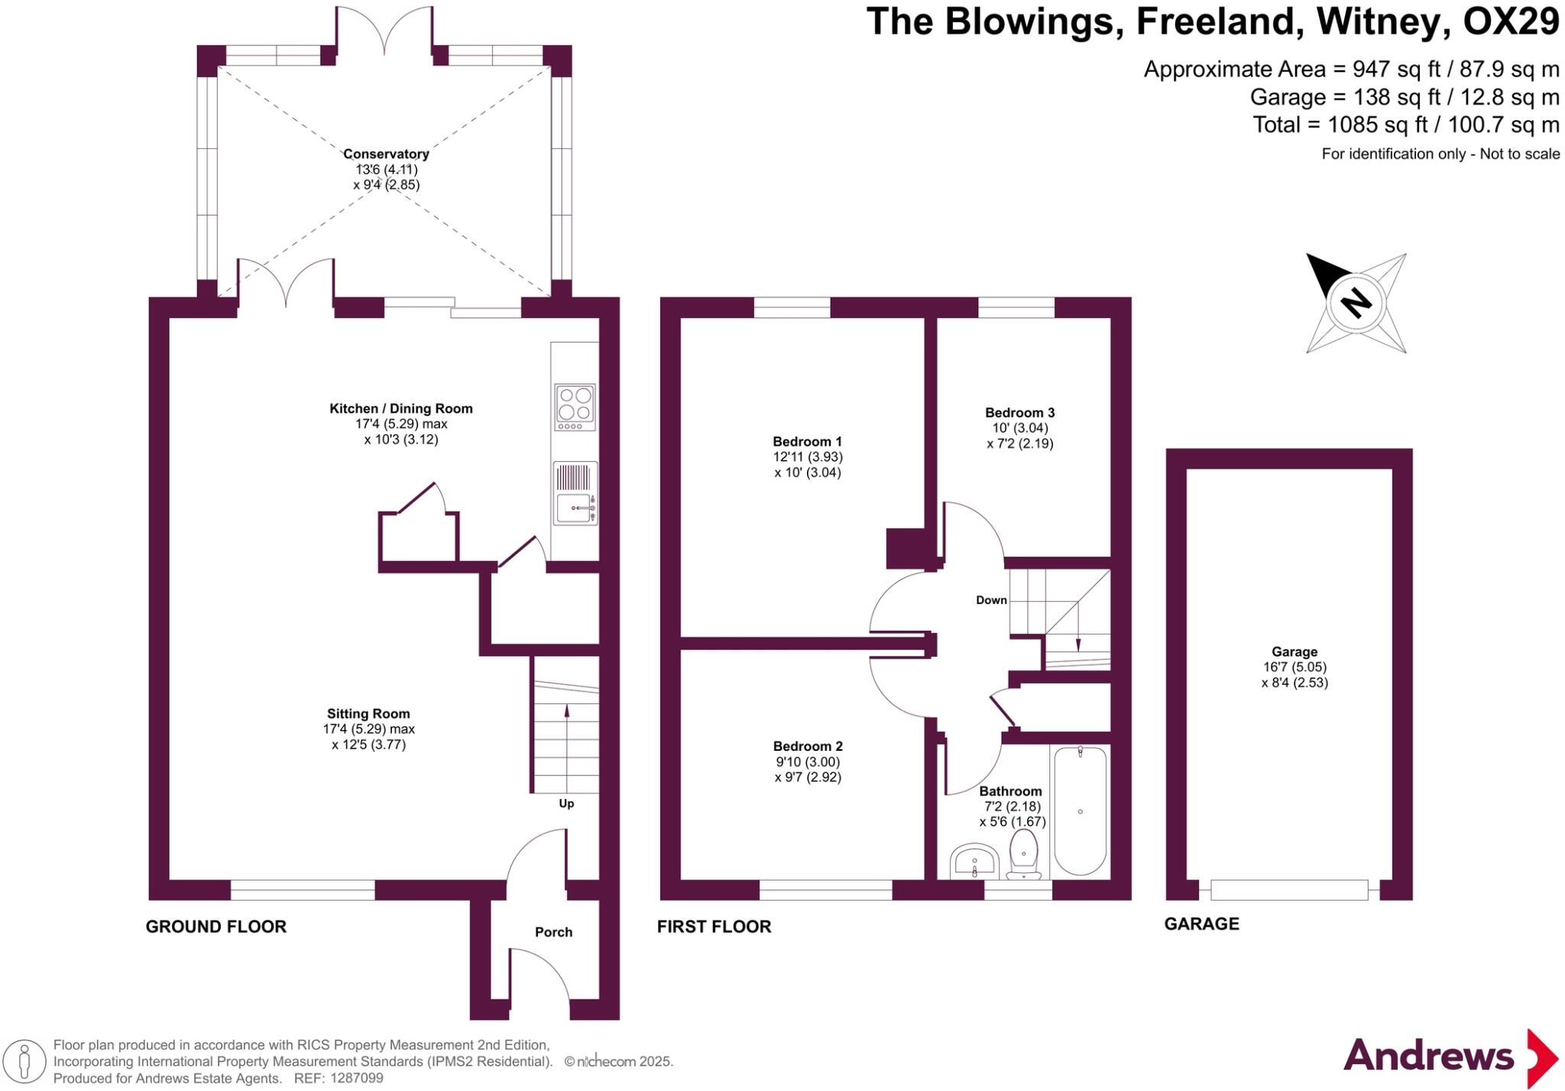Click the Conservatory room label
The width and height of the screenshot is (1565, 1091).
click(386, 154)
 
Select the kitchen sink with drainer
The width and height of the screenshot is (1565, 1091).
click(575, 493)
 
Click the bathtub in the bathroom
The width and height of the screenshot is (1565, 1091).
click(1080, 810)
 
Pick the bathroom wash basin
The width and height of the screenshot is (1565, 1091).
click(974, 862)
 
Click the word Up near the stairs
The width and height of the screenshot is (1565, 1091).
click(566, 804)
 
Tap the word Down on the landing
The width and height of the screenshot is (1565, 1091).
click(991, 600)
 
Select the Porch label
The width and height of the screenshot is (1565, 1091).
click(553, 932)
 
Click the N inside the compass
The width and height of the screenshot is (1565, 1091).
click(1356, 303)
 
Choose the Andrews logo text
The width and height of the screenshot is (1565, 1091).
click(1428, 1057)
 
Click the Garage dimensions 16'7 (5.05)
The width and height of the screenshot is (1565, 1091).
click(1294, 667)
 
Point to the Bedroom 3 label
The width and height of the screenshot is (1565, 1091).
click(1019, 413)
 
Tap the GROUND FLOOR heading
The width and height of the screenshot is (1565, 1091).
click(216, 927)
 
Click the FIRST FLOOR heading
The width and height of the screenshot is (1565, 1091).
click(714, 927)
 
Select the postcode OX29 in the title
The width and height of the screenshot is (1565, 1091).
click(1510, 21)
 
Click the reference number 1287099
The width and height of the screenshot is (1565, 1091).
click(357, 1078)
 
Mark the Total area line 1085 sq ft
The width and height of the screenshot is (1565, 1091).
click(1405, 125)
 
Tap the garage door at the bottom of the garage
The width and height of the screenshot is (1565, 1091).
click(1289, 890)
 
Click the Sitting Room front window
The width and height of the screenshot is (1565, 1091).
click(303, 890)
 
